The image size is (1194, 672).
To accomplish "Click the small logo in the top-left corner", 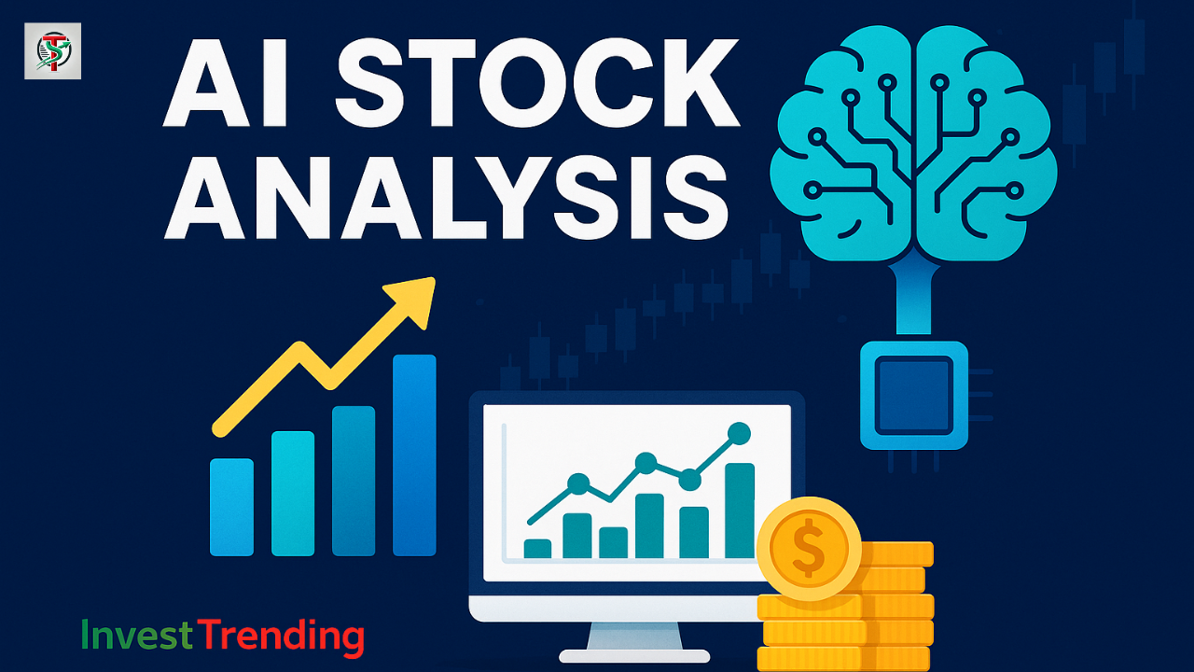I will (52, 51).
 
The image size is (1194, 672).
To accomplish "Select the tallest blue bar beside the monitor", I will (414, 455).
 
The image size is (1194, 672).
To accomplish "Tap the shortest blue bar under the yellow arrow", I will (231, 507).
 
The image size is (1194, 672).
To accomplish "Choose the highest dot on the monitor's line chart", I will (738, 433).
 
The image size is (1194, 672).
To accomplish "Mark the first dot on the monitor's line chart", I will (578, 483).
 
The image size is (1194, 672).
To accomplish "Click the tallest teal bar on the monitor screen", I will (739, 511).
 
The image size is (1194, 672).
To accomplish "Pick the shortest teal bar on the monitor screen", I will (537, 548).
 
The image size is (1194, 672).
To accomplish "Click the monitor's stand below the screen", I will (634, 640).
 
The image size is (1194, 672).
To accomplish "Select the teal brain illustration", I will (914, 140).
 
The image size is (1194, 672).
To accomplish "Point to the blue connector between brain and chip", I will (913, 299).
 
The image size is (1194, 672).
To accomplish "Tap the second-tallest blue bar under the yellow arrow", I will (354, 481).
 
